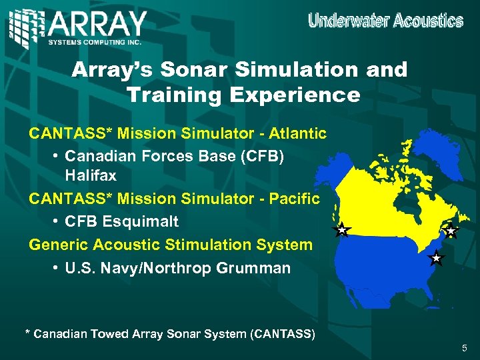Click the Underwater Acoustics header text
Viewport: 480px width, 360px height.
(385, 21)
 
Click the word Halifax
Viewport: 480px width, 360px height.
(91, 176)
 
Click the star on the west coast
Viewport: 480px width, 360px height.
(341, 231)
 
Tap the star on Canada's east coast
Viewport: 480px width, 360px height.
(451, 231)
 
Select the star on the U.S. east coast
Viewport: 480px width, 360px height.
(435, 257)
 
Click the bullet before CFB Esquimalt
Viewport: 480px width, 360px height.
(56, 221)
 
